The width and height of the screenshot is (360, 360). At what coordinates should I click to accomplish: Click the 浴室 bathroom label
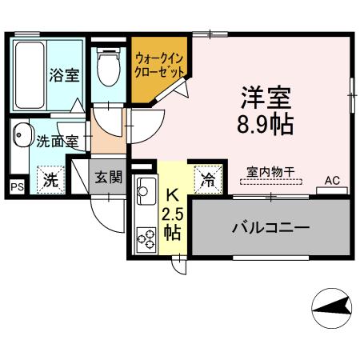pos(63,76)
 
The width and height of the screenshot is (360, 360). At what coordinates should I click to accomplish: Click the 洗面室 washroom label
pos(57,142)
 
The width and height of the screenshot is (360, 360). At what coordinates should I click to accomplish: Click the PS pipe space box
pos(17,186)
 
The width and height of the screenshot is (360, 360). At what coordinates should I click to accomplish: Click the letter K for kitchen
pos(171,194)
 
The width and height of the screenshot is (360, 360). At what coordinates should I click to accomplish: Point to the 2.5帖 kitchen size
pos(171,222)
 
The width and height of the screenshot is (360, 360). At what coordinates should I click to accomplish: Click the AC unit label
pos(332,181)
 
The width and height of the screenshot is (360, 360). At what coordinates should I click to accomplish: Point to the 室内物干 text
pos(270,171)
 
